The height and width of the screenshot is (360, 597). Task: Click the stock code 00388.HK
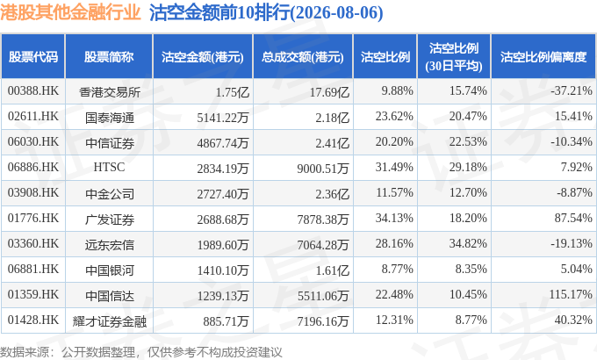(x=33, y=90)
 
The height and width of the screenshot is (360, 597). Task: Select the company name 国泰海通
(x=109, y=118)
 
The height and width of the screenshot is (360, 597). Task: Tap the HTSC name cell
(x=109, y=167)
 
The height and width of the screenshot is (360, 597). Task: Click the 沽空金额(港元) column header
(x=203, y=57)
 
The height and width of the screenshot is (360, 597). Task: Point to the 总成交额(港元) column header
(x=303, y=57)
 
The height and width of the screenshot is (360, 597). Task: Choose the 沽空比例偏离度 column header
(x=543, y=57)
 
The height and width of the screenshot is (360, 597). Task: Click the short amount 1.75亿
(x=233, y=92)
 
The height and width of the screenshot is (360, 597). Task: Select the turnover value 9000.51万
(x=323, y=168)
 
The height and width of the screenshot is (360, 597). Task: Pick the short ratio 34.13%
(x=394, y=218)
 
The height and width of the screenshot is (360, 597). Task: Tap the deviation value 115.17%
(x=571, y=294)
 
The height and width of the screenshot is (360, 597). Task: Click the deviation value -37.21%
(x=572, y=90)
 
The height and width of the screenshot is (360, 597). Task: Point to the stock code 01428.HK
(x=33, y=320)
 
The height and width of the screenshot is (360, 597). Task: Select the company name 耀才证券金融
(x=109, y=321)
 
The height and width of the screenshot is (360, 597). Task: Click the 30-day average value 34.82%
(x=468, y=243)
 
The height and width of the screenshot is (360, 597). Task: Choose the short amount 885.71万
(x=226, y=321)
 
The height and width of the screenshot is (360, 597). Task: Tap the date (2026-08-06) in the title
(x=336, y=13)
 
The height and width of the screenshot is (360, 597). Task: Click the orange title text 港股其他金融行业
(x=70, y=12)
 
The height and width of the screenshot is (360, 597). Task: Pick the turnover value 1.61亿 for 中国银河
(x=333, y=270)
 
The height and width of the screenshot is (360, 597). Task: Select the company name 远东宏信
(x=109, y=245)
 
